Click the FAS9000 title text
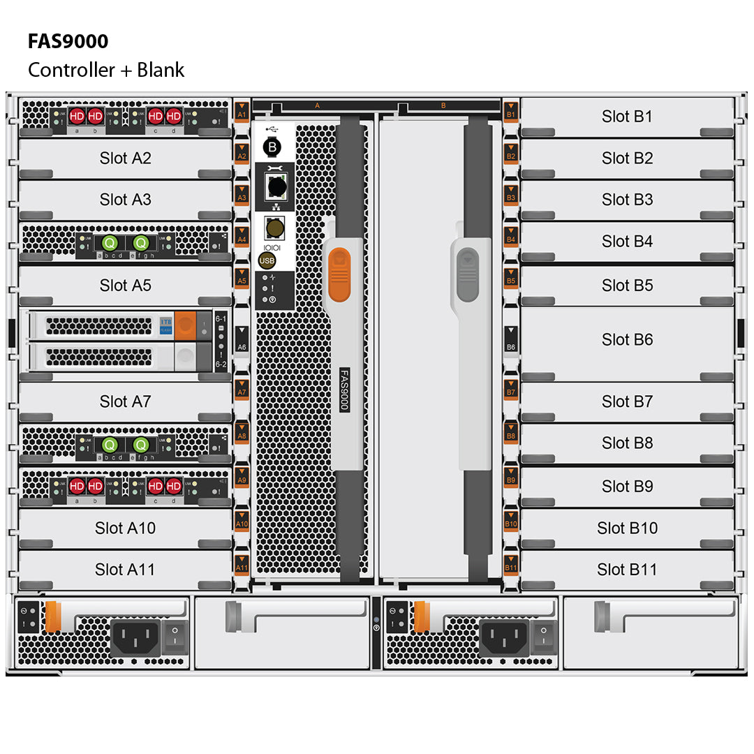click(68, 42)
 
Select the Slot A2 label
click(125, 158)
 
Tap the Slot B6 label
click(627, 340)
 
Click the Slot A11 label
click(125, 570)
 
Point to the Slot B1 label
click(627, 117)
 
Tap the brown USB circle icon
click(267, 260)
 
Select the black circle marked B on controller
click(272, 147)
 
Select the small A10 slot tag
click(242, 524)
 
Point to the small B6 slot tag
click(511, 340)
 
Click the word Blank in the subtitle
click(161, 71)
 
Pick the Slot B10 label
click(627, 528)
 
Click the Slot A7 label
click(125, 401)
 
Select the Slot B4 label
click(627, 242)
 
